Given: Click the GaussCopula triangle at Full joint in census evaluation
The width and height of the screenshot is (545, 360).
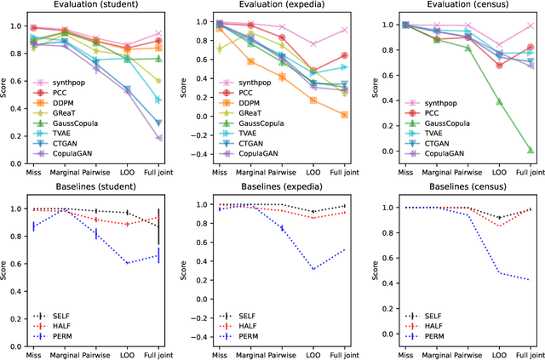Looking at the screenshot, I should [530, 150].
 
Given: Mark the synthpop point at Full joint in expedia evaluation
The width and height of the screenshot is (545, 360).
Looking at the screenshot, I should [344, 30].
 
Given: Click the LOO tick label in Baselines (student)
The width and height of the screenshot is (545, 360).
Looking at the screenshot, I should [128, 351].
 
